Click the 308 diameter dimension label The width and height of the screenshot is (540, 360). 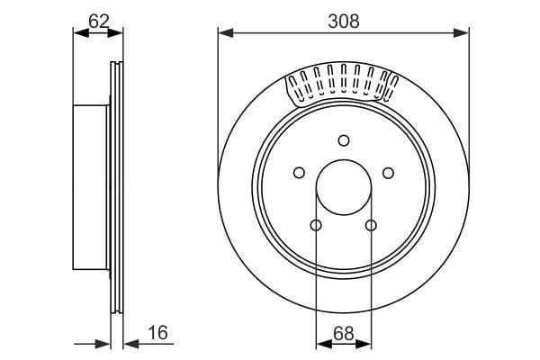343,20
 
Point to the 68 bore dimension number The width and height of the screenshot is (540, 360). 343,333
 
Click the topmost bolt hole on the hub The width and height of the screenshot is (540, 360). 343,139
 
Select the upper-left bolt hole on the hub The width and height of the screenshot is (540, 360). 298,173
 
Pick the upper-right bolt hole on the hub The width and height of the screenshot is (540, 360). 388,173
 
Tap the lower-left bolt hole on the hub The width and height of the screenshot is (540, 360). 316,225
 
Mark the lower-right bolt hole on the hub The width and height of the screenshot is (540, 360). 370,225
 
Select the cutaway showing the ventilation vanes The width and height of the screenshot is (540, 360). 342,85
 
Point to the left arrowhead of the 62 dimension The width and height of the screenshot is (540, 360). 78,33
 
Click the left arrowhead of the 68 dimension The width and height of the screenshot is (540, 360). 321,343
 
